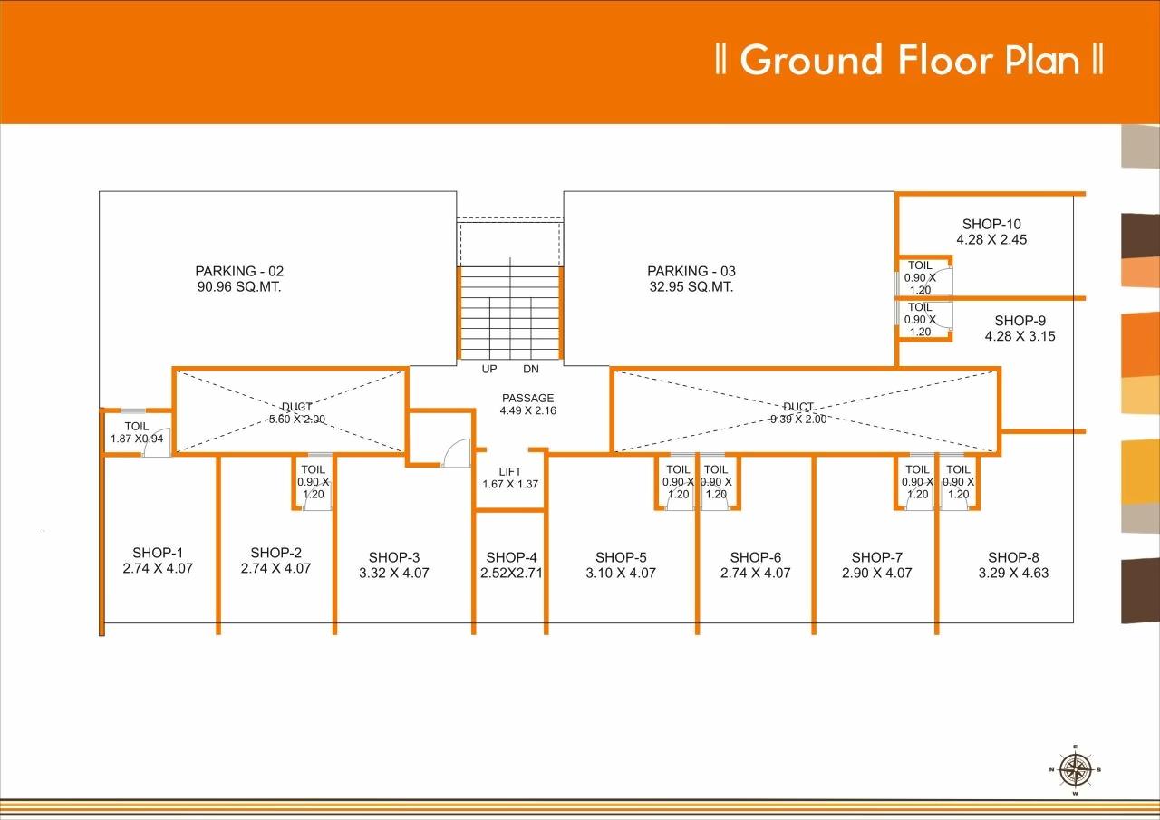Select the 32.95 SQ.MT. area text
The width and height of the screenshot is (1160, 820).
point(691,287)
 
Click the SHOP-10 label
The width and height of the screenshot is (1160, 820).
point(991,224)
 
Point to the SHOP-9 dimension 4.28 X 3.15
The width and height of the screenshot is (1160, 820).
point(1020,336)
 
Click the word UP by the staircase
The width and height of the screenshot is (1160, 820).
point(489,370)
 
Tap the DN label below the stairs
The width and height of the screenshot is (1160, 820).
point(531,370)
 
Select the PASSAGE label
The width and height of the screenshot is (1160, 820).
point(527,398)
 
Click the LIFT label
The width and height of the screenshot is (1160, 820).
point(510,471)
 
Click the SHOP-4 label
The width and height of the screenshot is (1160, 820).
point(511,557)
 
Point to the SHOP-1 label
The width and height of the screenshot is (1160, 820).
point(158,553)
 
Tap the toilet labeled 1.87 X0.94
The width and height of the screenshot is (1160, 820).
point(137,432)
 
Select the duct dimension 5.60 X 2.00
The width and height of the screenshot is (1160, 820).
point(296,420)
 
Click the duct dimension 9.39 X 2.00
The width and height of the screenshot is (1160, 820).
point(797,420)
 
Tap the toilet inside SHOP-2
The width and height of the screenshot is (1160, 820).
point(314,482)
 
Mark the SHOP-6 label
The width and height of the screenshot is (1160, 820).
point(755,557)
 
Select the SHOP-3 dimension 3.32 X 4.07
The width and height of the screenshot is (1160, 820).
point(394,573)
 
